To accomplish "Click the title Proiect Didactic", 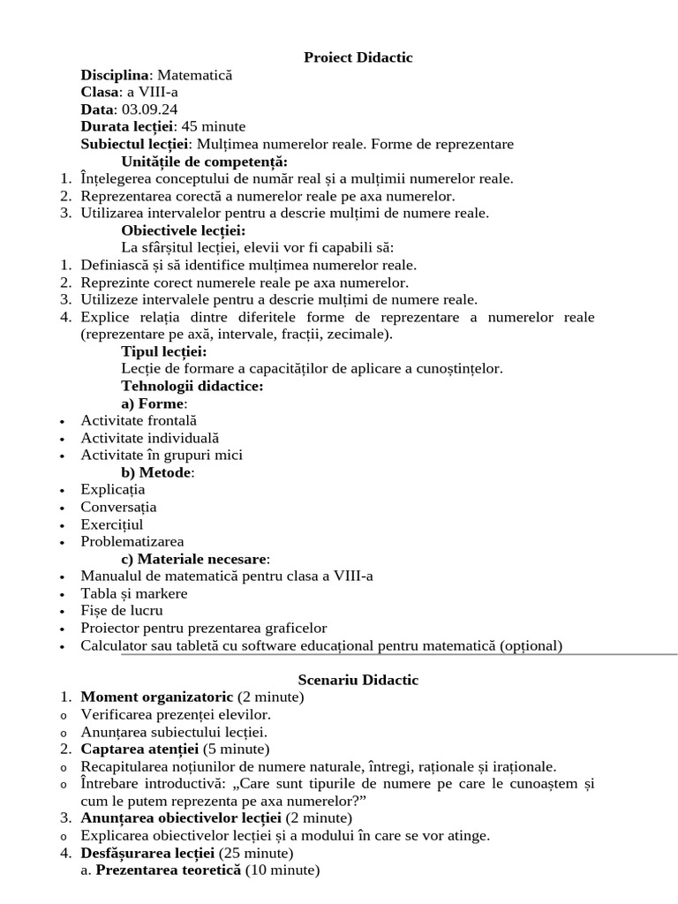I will click(358, 57).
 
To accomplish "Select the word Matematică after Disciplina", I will click(194, 75).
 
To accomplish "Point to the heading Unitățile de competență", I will click(205, 162).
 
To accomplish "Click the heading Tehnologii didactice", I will click(192, 386).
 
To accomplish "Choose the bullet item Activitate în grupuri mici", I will click(162, 455).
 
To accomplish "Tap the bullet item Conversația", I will click(118, 507).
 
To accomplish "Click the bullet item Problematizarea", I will click(132, 541).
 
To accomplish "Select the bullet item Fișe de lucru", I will click(122, 610).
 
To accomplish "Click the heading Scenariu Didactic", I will click(358, 680).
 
